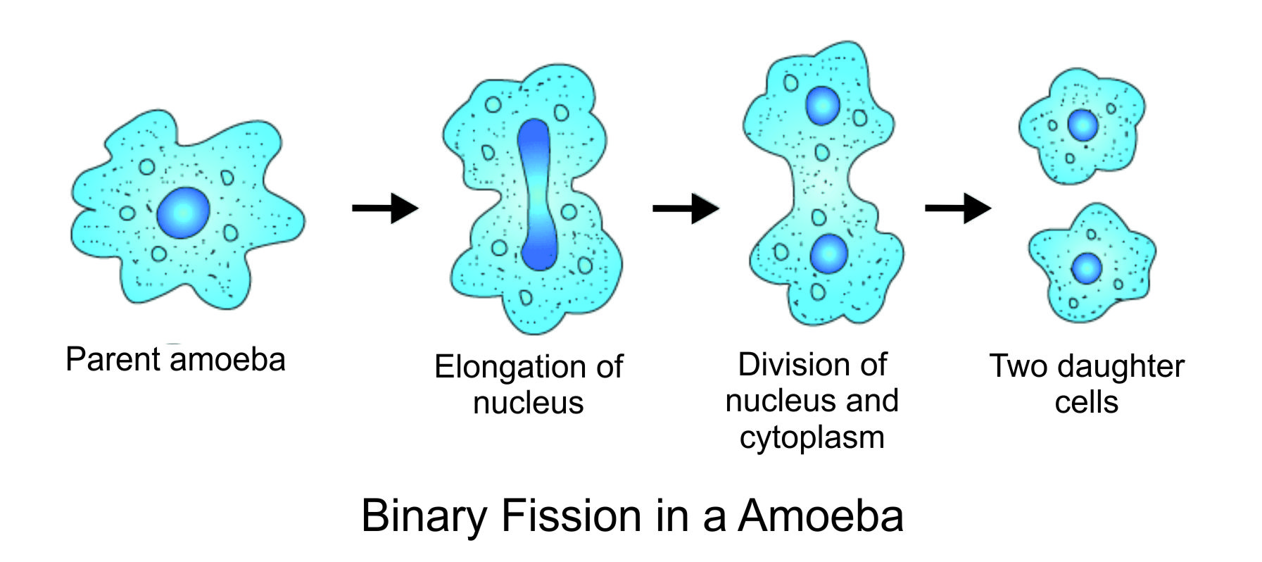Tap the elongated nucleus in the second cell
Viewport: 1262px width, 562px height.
536,194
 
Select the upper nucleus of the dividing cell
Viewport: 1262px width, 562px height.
821,106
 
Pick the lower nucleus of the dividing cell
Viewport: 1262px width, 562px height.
828,254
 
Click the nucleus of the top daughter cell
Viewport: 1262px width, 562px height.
1083,125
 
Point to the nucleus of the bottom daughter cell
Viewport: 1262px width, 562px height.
1087,268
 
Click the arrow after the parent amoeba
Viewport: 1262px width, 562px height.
385,208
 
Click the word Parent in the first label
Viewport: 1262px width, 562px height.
113,359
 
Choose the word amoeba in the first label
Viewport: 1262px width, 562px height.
228,360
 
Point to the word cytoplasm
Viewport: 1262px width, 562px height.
812,438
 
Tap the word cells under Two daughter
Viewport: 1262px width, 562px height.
1086,402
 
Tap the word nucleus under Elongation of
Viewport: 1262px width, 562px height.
528,403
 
